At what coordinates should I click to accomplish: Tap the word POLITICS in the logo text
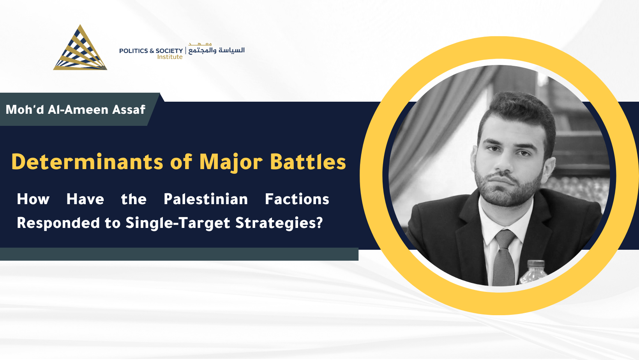133,51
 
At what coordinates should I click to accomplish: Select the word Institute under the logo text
170,57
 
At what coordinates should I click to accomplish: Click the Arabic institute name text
216,49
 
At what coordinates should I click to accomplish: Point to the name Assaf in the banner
129,109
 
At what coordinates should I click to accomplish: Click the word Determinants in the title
87,162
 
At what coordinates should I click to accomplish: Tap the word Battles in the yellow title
308,162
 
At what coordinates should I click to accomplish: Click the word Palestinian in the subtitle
206,199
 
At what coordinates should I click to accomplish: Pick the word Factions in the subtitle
297,199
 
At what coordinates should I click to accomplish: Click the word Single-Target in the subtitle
178,223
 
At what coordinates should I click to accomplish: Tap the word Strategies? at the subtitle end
279,223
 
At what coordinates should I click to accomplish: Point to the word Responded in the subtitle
58,223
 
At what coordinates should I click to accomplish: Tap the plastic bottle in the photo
533,272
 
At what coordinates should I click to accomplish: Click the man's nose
504,162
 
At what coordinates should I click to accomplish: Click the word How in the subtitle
33,199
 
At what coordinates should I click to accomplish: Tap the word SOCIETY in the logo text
169,51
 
